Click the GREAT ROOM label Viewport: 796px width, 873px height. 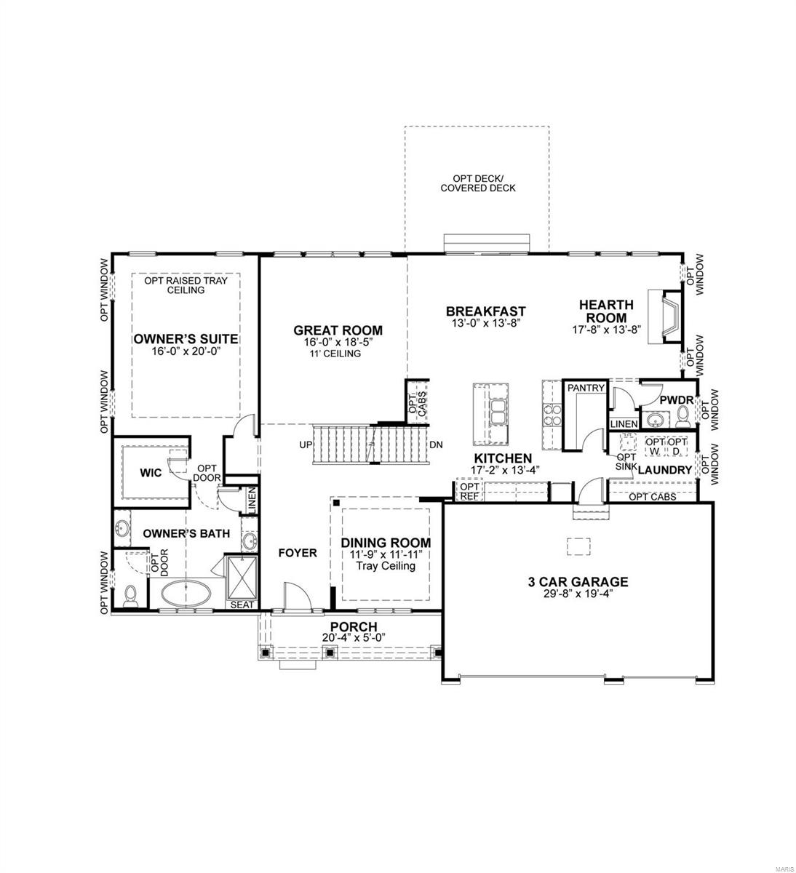[x=338, y=330]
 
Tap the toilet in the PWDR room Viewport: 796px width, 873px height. [x=683, y=415]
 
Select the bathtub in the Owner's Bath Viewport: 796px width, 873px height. [x=186, y=593]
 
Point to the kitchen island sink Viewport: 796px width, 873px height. [x=499, y=411]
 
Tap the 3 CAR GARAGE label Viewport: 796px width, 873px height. [x=578, y=581]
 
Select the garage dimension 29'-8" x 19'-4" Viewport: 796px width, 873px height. [x=578, y=594]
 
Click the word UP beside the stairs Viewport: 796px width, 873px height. [x=306, y=445]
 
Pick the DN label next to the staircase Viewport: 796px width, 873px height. [x=436, y=445]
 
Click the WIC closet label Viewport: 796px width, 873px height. [x=151, y=473]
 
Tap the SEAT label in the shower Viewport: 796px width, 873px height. [x=242, y=605]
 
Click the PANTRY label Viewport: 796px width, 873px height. [x=586, y=388]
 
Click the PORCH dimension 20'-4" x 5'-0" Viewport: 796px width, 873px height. [x=354, y=638]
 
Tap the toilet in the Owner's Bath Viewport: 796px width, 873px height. [x=130, y=597]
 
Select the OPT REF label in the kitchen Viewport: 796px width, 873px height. [x=469, y=492]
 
